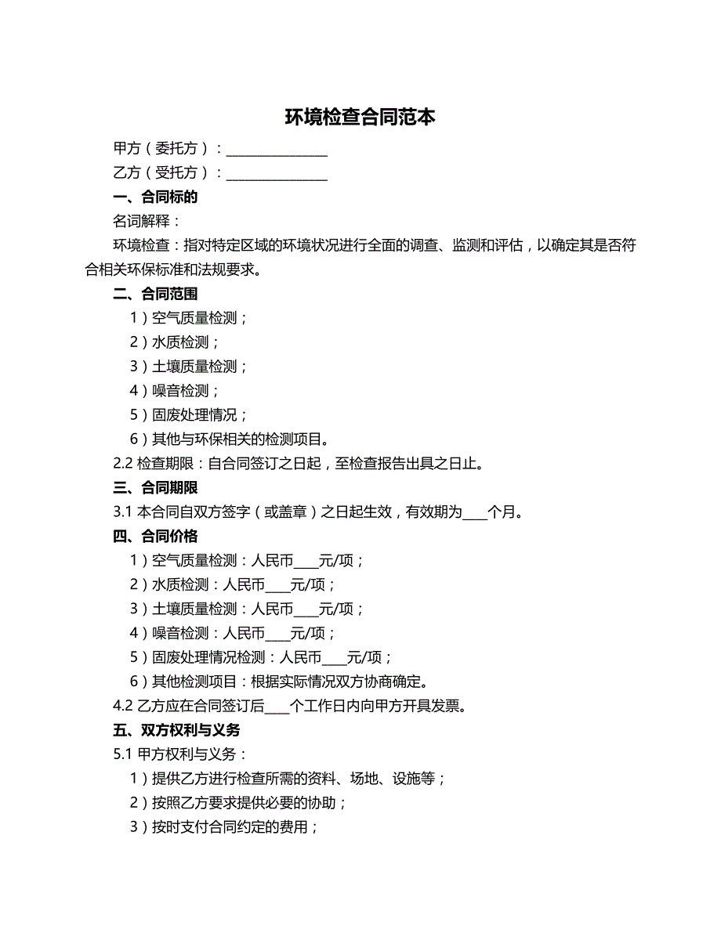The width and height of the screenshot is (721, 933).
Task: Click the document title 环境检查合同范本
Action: (x=360, y=118)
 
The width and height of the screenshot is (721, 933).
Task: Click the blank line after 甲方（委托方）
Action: (x=277, y=150)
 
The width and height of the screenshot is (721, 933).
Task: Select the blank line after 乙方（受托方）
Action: (x=277, y=174)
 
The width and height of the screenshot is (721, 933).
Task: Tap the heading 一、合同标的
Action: (x=155, y=197)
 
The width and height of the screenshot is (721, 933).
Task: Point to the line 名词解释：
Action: (x=147, y=222)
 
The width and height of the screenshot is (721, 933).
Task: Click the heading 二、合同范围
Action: (x=155, y=295)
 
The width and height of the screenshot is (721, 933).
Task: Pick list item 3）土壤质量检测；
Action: (x=189, y=367)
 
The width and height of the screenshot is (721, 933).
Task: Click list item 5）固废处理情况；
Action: (x=189, y=415)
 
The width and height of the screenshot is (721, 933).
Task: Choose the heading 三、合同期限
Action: (x=155, y=488)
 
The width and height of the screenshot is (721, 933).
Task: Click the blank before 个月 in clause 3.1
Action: (x=475, y=514)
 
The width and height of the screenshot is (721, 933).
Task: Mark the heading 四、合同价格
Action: (x=155, y=537)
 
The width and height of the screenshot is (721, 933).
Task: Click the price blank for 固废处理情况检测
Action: (x=335, y=659)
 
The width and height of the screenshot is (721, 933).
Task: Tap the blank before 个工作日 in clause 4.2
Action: (x=277, y=707)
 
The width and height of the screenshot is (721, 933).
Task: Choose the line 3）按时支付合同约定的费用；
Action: (x=224, y=827)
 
